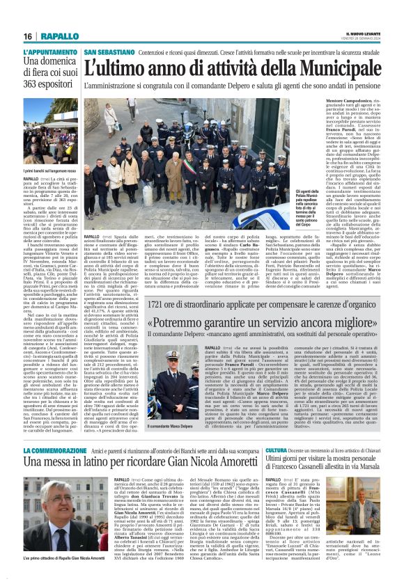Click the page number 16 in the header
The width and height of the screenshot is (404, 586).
pyautogui.click(x=28, y=36)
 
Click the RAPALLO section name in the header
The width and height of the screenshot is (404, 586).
pyautogui.click(x=59, y=36)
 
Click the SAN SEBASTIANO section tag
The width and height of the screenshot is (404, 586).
pyautogui.click(x=108, y=52)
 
